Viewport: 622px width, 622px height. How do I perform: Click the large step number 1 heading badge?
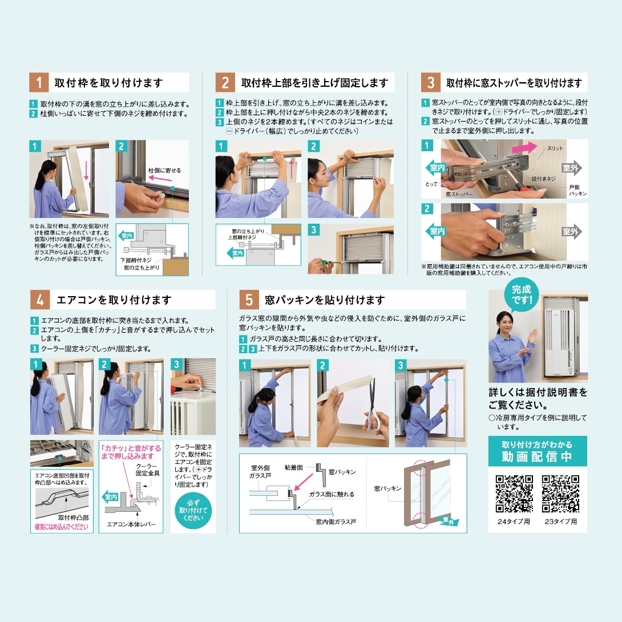[39, 83]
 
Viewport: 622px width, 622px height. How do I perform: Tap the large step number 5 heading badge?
[249, 300]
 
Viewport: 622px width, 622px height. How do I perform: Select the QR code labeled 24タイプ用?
[514, 493]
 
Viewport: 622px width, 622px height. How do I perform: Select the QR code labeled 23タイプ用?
[561, 493]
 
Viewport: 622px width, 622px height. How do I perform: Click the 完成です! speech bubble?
[521, 294]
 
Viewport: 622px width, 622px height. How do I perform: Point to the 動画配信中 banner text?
[537, 457]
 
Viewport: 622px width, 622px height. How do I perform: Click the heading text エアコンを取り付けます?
[114, 300]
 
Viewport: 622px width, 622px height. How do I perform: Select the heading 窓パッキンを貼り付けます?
[325, 300]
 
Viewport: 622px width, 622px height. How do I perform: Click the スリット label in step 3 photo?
[554, 148]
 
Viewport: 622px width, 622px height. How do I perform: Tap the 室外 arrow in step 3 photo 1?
[572, 168]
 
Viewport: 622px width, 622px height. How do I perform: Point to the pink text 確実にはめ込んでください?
[62, 527]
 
